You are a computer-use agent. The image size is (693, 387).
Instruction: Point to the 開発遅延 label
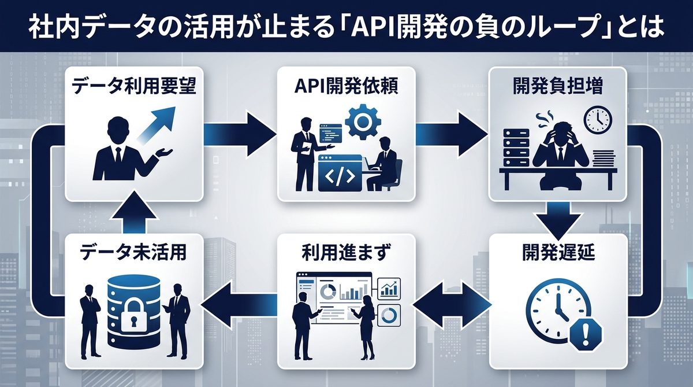pos(558,253)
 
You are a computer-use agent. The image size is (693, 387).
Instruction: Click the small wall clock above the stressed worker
pos(597,118)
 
